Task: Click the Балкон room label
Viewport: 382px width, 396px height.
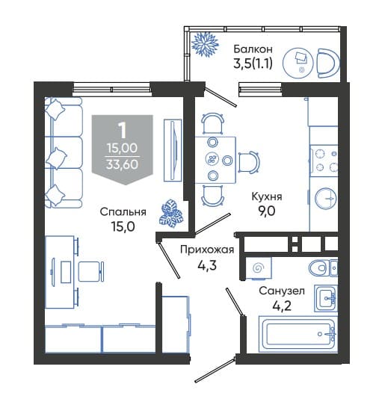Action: [x=253, y=49]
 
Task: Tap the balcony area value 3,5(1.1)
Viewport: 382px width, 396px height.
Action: [x=253, y=64]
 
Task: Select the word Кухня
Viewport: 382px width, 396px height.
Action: [x=267, y=197]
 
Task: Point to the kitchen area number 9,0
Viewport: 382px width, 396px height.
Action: [x=267, y=211]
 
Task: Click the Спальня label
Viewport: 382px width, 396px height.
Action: [x=123, y=212]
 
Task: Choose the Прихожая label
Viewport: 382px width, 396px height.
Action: [x=207, y=250]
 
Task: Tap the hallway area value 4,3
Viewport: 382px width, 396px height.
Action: [x=207, y=265]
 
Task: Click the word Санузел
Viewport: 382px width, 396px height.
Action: [x=282, y=291]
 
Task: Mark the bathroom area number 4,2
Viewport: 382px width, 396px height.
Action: [x=282, y=306]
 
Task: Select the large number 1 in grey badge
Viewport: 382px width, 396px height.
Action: [x=123, y=131]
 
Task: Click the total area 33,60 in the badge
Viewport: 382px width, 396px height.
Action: [x=123, y=164]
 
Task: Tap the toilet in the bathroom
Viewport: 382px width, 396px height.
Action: [x=323, y=267]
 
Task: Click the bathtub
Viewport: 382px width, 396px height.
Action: [x=298, y=334]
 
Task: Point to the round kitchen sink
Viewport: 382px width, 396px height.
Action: [x=326, y=199]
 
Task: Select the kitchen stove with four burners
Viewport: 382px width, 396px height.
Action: [x=324, y=161]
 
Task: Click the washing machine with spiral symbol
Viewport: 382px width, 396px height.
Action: [x=259, y=268]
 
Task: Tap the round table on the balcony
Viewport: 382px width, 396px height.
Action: [x=298, y=62]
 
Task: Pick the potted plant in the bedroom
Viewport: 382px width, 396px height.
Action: [x=170, y=214]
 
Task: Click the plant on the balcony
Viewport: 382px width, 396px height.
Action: [x=205, y=44]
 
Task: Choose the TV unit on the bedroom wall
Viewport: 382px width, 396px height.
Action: [x=173, y=150]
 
